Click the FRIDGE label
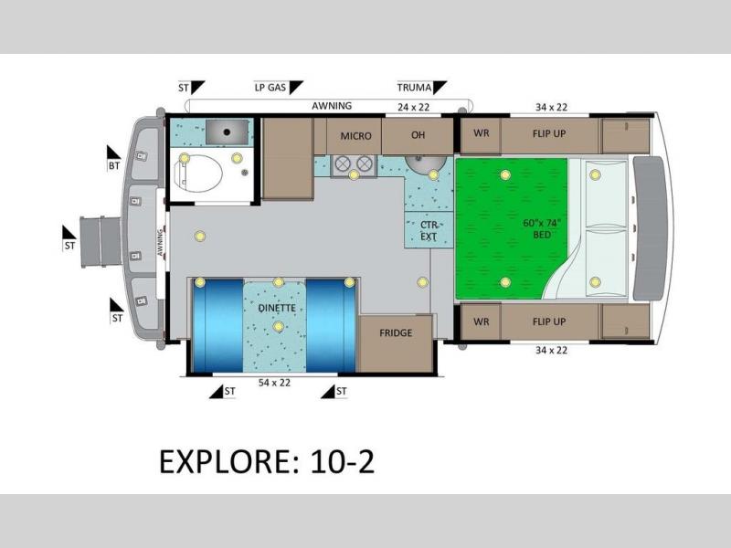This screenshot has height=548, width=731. [396, 332]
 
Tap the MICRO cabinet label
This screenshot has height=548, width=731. [355, 136]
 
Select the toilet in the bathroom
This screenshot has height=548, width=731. [197, 173]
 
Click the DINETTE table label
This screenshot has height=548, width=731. [277, 308]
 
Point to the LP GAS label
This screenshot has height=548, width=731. [270, 87]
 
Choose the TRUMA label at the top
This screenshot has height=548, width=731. [414, 87]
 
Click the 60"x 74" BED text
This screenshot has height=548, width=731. [541, 229]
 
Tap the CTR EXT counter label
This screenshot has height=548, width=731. [429, 231]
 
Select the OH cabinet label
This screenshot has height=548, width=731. [418, 135]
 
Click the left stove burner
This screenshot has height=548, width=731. [343, 163]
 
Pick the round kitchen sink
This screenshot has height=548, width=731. [425, 164]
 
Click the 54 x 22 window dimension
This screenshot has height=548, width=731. [275, 383]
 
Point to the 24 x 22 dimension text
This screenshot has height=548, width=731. [414, 107]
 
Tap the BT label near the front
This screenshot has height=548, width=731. [114, 165]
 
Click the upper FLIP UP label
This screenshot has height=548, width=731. [549, 133]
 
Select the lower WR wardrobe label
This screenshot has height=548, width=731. [482, 321]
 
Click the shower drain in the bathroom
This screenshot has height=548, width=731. [227, 132]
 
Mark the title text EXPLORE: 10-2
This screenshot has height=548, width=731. [267, 462]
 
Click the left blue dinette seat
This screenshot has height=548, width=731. [217, 325]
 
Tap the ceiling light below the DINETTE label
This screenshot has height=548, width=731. [279, 327]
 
